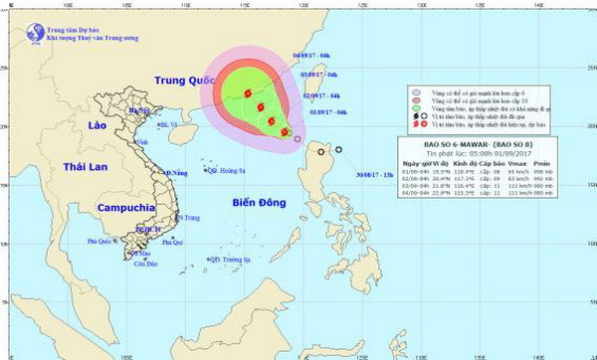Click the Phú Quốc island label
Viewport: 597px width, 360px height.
[101, 242]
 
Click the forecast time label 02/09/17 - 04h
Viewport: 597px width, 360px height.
[321, 95]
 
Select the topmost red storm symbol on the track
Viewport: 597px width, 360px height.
[246, 93]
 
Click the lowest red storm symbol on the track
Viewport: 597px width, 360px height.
[285, 131]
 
